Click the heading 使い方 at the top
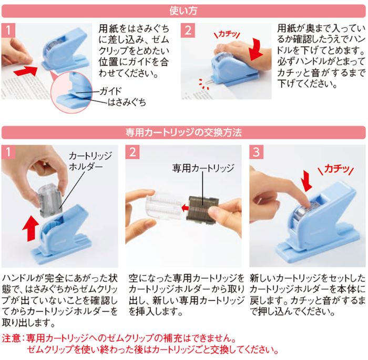point(183,9)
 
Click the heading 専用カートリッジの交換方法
point(183,131)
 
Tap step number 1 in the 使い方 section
point(8,29)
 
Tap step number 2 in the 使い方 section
point(188,29)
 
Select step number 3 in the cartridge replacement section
point(256,152)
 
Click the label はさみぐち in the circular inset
point(127,102)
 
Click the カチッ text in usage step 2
point(228,33)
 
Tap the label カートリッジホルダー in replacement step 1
point(84,162)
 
